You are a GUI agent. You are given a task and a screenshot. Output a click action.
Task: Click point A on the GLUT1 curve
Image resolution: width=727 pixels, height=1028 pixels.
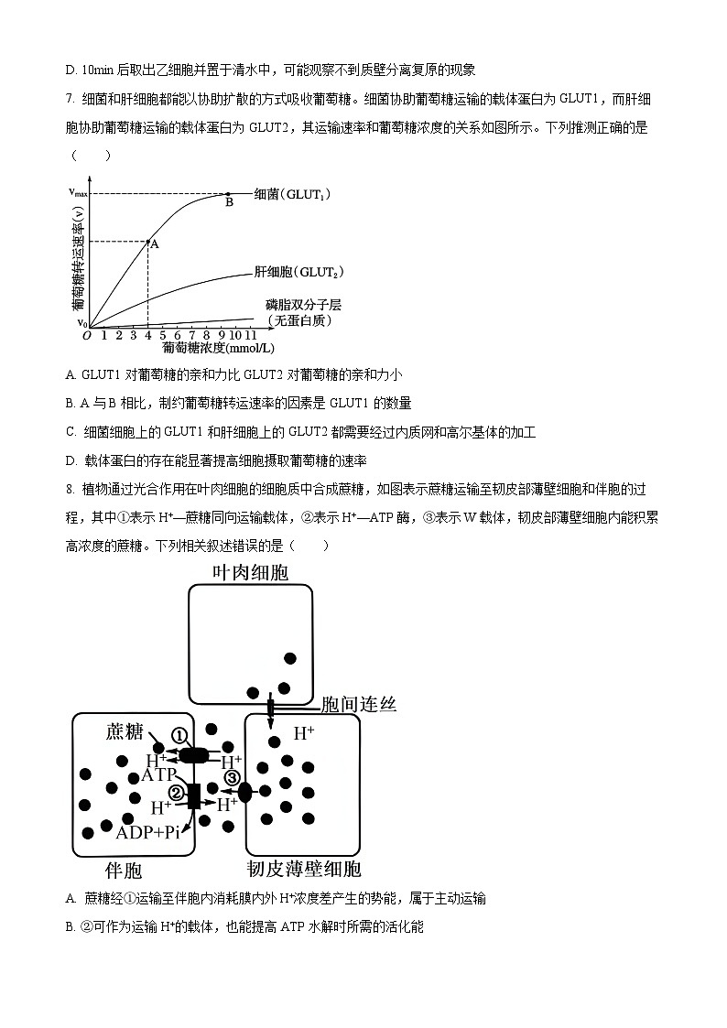coord(147,242)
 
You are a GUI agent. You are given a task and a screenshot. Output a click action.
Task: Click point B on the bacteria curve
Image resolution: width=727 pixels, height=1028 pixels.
coord(228,194)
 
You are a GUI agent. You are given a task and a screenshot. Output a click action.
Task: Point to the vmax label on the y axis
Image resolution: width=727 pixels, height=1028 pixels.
coord(79,192)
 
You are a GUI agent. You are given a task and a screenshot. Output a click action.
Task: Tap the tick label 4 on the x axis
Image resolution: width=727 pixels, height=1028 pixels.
coord(147,336)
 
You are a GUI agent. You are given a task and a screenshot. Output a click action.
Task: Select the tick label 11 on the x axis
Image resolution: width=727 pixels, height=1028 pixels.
coord(252,336)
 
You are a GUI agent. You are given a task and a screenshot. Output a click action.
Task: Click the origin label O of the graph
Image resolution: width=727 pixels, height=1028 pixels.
coord(86,336)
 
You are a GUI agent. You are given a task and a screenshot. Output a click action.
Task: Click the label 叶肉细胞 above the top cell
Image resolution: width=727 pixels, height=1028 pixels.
coord(250,572)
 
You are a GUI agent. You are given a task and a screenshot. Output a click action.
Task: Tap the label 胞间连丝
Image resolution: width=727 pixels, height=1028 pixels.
coord(359,703)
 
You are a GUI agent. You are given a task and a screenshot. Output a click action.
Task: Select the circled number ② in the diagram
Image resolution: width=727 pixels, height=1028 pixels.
coord(177,793)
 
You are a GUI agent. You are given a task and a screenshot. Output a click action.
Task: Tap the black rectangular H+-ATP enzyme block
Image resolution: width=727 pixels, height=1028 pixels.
coord(193,795)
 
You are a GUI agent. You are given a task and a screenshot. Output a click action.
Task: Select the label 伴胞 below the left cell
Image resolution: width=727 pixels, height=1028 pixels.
coord(125,869)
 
